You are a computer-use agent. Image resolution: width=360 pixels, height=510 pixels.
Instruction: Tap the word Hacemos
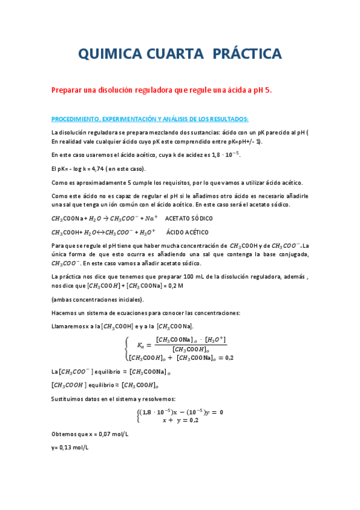(x=64, y=313)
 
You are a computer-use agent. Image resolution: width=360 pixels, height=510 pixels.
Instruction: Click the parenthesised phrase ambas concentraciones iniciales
(x=97, y=299)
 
